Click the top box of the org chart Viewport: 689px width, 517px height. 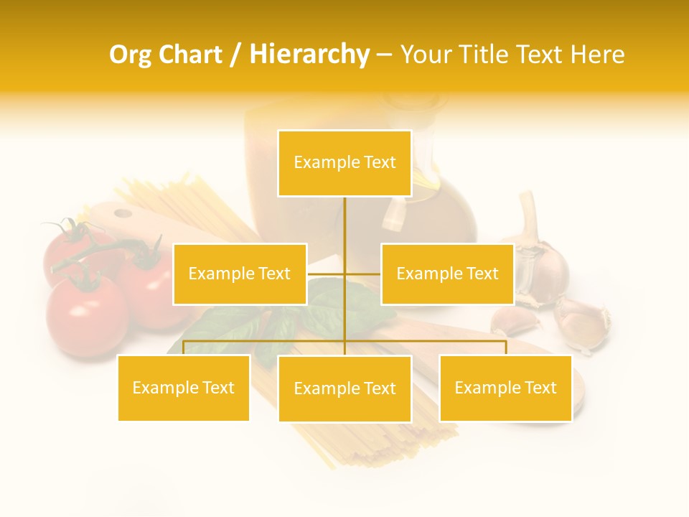[344, 163]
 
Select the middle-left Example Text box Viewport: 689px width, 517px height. [240, 274]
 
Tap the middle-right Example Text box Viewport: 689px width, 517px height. [447, 274]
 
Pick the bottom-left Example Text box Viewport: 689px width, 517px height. [184, 388]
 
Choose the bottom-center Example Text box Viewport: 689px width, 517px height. [344, 388]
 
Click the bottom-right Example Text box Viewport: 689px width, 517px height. [505, 388]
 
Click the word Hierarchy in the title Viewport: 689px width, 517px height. [309, 55]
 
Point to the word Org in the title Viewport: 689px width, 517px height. [131, 55]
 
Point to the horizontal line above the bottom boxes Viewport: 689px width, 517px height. [266, 341]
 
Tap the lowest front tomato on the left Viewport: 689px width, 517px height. [86, 316]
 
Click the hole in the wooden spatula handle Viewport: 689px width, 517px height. [123, 213]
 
